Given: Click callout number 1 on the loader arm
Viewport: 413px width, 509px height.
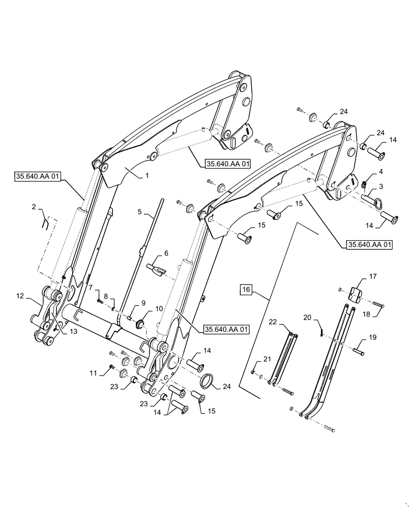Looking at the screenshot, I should [147, 175].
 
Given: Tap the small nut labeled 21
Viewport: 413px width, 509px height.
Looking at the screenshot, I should [253, 372].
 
